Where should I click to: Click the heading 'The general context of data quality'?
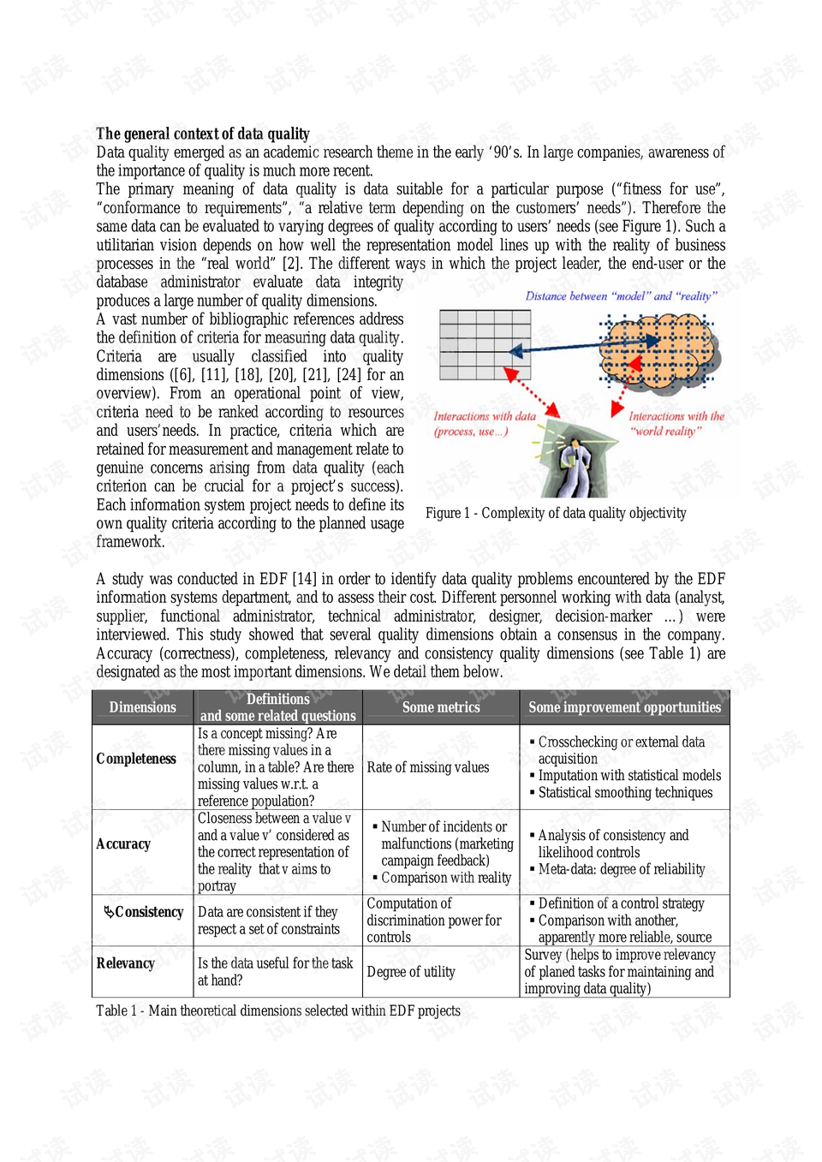(x=203, y=134)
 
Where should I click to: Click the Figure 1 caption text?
(x=556, y=513)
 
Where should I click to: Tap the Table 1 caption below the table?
(x=278, y=1010)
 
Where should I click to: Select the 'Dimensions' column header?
(x=142, y=707)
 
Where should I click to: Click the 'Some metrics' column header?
(x=441, y=707)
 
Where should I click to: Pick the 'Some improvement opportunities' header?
(x=624, y=707)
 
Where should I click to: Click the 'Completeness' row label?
(x=136, y=759)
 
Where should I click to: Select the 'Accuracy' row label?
(x=123, y=844)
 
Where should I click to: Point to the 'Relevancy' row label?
(x=125, y=963)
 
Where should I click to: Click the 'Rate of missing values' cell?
(x=428, y=767)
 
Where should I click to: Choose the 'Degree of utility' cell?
(x=411, y=972)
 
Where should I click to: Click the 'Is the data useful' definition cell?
(x=275, y=972)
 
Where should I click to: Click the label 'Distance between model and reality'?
(x=621, y=296)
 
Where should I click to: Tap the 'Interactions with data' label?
(x=484, y=424)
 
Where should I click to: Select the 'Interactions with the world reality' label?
(x=676, y=424)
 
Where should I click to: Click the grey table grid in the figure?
(x=485, y=344)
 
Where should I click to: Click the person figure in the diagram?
(x=576, y=461)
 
